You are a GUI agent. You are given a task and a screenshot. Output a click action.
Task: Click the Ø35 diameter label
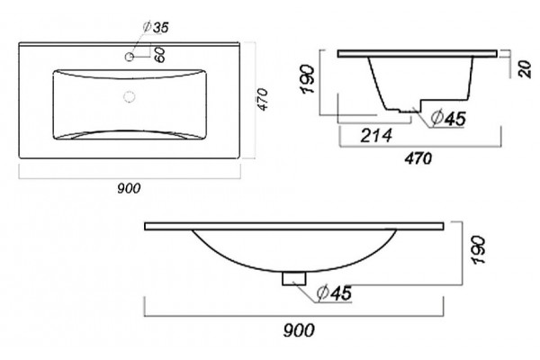pyautogui.click(x=156, y=27)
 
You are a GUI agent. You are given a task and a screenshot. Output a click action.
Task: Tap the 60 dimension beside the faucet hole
pyautogui.click(x=160, y=55)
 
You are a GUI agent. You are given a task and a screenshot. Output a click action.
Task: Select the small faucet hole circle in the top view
pyautogui.click(x=130, y=57)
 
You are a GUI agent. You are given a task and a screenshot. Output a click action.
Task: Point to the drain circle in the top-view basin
pyautogui.click(x=129, y=97)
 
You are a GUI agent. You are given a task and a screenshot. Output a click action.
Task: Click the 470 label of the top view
pyautogui.click(x=263, y=100)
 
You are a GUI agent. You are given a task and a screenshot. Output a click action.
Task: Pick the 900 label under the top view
pyautogui.click(x=129, y=188)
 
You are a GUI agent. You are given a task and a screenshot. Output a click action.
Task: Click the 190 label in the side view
pyautogui.click(x=308, y=79)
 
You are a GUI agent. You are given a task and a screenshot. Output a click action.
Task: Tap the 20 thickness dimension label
pyautogui.click(x=525, y=69)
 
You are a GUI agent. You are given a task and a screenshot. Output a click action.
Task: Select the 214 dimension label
pyautogui.click(x=376, y=135)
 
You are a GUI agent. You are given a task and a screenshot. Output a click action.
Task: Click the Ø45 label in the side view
pyautogui.click(x=448, y=118)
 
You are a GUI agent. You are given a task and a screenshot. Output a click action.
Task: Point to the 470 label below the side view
pyautogui.click(x=418, y=158)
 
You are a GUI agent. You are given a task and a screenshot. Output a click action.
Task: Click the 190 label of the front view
pyautogui.click(x=479, y=250)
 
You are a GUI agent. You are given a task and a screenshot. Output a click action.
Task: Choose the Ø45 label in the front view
pyautogui.click(x=335, y=292)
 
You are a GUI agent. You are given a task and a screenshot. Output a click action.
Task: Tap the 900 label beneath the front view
pyautogui.click(x=299, y=330)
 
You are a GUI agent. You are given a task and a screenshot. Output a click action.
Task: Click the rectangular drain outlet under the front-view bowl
pyautogui.click(x=294, y=278)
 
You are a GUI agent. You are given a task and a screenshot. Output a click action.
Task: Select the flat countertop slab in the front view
pyautogui.click(x=293, y=226)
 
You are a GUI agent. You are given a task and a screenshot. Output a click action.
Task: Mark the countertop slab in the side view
pyautogui.click(x=417, y=53)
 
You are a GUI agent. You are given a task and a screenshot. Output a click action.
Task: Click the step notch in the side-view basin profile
pyautogui.click(x=421, y=104)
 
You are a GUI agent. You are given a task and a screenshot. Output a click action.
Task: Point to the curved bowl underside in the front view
pyautogui.click(x=294, y=270)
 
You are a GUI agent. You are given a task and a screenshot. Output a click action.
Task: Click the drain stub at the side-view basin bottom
pyautogui.click(x=409, y=111)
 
